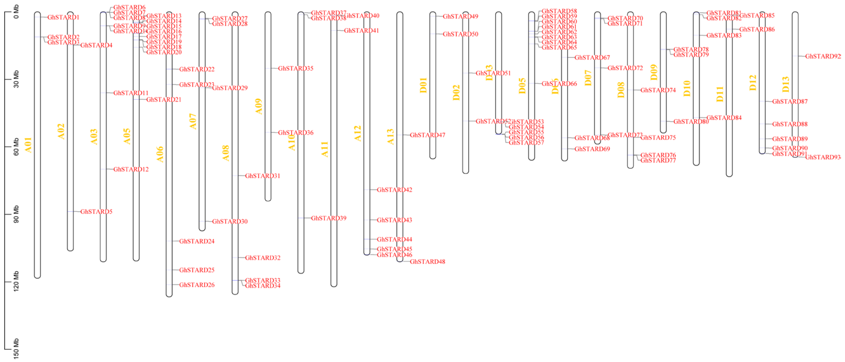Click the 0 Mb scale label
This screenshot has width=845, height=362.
coord(16,12)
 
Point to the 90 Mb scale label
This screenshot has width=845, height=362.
coord(16,214)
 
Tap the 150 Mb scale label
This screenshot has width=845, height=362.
coord(16,349)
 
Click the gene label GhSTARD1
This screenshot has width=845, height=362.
coord(63,17)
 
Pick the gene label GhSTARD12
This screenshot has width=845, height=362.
coord(131,169)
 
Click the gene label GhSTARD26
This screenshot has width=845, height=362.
coord(197,285)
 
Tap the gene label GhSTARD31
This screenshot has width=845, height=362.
coord(263,176)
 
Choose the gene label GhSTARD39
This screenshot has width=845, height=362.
coord(328,218)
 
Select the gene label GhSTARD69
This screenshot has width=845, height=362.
coord(592,149)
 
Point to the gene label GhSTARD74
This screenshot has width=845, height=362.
coord(658,90)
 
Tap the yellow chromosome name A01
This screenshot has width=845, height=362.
coord(28,145)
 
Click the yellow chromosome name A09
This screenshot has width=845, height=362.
coord(259,106)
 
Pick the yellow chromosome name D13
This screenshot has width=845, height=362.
coord(786,84)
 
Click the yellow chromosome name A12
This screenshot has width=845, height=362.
coord(358,133)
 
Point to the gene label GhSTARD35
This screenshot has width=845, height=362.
coord(295,68)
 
